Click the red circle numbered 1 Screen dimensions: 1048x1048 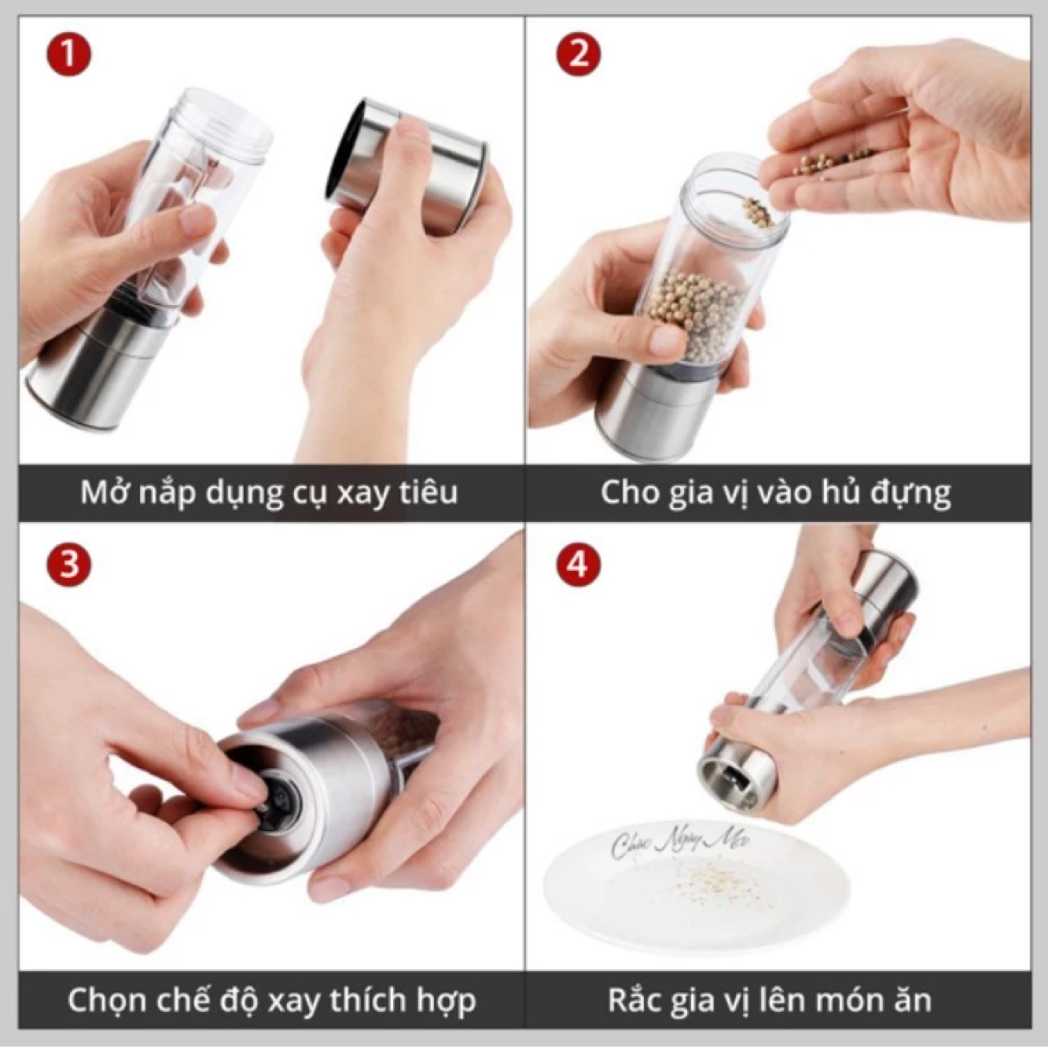click(68, 55)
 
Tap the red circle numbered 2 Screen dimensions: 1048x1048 click(579, 55)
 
